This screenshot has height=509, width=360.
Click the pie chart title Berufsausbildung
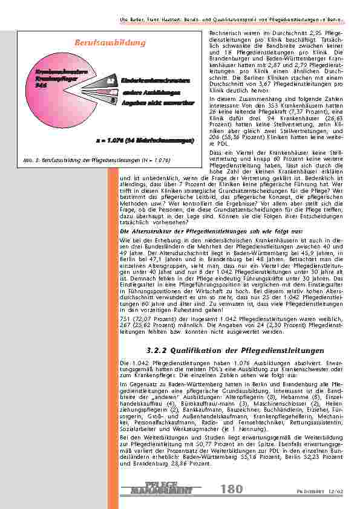point(110,43)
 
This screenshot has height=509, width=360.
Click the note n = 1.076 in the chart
point(144,141)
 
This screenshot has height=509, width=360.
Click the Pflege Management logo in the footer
point(161,488)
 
